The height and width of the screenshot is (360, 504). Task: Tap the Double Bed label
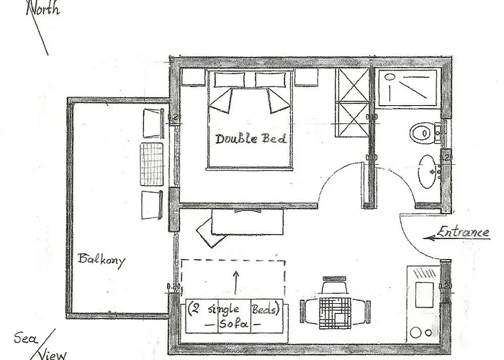[x=251, y=138]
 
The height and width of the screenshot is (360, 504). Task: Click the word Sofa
[x=236, y=324]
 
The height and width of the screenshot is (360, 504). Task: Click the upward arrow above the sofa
[x=235, y=281]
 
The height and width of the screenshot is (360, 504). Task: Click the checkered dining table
[x=333, y=311]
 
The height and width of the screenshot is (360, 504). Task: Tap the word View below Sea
[x=51, y=352]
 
